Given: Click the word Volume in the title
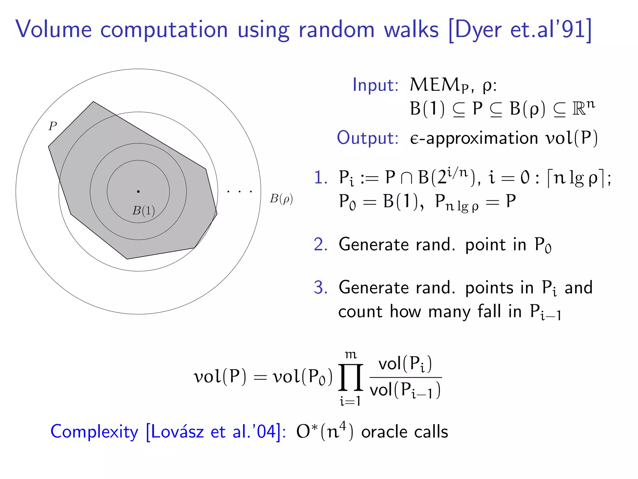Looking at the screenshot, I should [54, 30].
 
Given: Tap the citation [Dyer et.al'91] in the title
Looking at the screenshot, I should [520, 30].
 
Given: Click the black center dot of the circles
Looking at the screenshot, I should [138, 191].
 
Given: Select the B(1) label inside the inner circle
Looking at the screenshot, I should [144, 211].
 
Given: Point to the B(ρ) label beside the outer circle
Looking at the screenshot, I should [281, 199].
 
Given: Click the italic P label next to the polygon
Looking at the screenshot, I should [53, 126].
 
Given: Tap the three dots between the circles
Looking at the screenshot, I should [239, 191].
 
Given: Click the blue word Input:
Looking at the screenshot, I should [375, 85].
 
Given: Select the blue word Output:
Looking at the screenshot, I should [368, 138].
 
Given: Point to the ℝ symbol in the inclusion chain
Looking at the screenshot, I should [579, 109].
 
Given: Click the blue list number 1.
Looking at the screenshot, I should [321, 178].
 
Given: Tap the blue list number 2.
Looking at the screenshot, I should [321, 244].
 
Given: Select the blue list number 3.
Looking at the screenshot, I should [321, 288].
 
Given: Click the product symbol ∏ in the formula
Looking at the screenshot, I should [350, 377].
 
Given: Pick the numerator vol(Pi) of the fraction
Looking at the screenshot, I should [405, 364].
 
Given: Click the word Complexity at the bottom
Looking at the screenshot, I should [94, 432].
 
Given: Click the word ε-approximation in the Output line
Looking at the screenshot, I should [474, 138].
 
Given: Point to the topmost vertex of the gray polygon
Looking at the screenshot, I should [93, 102].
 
